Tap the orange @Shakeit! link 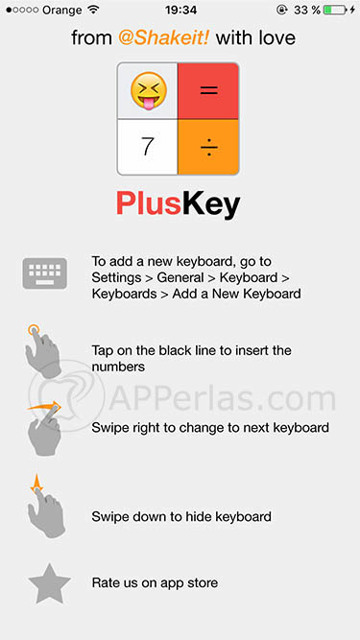(x=164, y=38)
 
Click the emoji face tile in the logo (x=147, y=91)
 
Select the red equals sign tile (x=208, y=91)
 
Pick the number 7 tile (x=147, y=147)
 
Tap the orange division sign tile (x=208, y=147)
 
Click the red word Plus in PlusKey (x=149, y=202)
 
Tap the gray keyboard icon (x=45, y=273)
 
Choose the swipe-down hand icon (x=46, y=506)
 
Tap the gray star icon (x=49, y=583)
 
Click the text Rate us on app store (x=155, y=582)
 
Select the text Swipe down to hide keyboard (x=181, y=517)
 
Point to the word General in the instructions (x=180, y=277)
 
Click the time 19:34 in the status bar (x=180, y=10)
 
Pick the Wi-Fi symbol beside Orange (x=93, y=10)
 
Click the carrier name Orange (x=62, y=10)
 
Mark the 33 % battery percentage (x=307, y=10)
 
